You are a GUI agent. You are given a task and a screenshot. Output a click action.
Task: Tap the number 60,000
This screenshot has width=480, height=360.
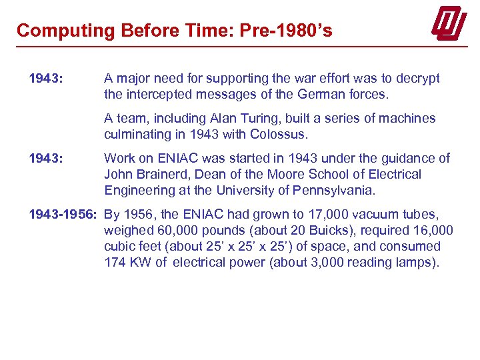pyautogui.click(x=172, y=230)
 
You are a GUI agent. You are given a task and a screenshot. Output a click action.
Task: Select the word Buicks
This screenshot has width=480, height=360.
pyautogui.click(x=335, y=230)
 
